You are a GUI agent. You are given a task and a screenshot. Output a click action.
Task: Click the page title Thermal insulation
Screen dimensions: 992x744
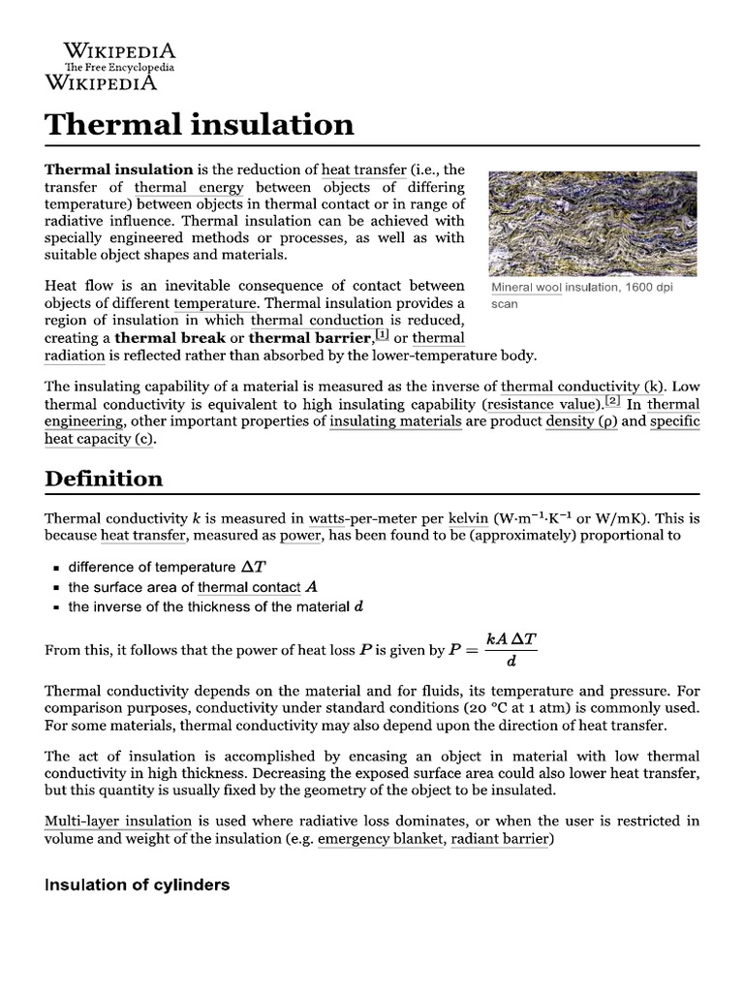pos(200,124)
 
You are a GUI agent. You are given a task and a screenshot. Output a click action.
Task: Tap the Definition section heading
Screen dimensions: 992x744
pos(104,479)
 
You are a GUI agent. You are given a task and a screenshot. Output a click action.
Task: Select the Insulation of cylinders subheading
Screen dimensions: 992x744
pos(138,884)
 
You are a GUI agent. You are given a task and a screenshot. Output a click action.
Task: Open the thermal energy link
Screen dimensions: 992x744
pos(189,187)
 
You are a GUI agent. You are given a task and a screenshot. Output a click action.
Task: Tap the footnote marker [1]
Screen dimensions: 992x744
pos(382,336)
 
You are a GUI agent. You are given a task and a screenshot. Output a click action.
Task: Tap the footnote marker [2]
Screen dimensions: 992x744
pos(612,402)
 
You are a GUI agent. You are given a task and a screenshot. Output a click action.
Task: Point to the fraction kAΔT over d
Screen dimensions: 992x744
pos(510,649)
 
